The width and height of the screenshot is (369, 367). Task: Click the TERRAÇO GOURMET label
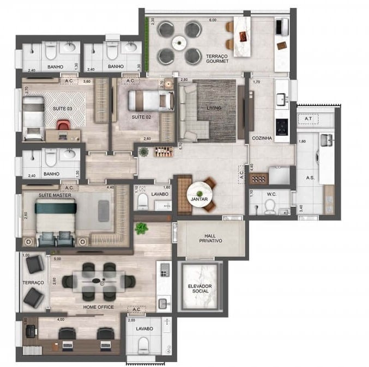[217, 59]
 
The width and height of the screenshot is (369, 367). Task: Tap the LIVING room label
[214, 108]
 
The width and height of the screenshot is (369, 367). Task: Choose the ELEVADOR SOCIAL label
[201, 289]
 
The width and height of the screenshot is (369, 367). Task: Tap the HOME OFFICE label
[98, 307]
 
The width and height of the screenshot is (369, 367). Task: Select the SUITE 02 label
[141, 117]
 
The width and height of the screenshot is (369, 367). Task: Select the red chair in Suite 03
[63, 126]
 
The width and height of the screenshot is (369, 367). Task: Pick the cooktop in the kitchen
[282, 127]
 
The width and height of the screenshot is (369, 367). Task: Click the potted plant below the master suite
[141, 228]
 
